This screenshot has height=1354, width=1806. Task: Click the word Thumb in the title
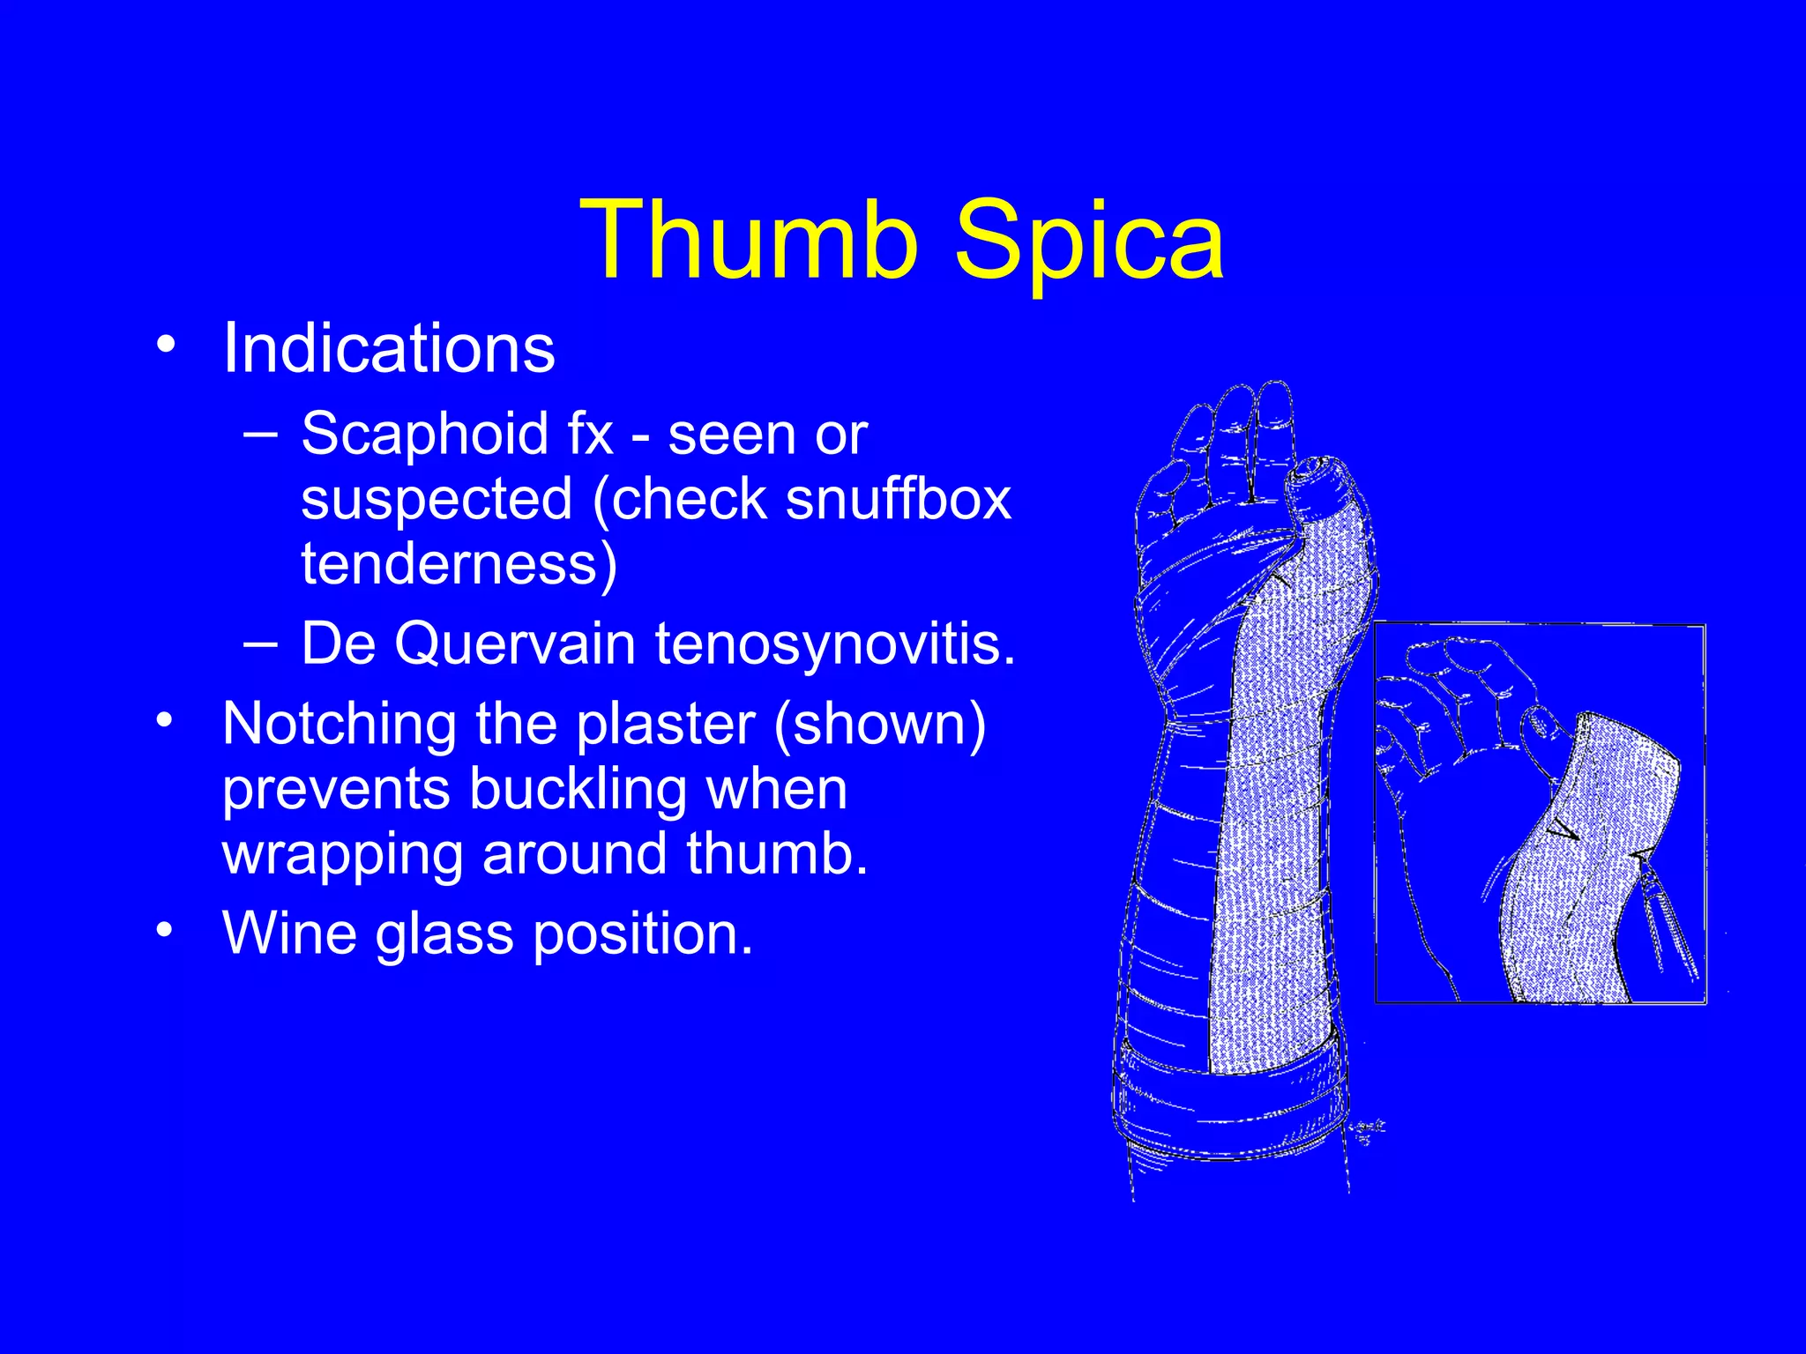click(x=759, y=240)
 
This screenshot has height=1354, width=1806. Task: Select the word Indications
click(x=389, y=348)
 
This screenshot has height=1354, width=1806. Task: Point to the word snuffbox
click(x=898, y=500)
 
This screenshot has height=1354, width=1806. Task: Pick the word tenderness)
click(x=459, y=564)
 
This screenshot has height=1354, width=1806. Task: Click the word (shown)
click(x=879, y=725)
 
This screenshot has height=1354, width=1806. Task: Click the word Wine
click(x=288, y=933)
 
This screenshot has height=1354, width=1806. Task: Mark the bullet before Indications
click(x=165, y=346)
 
